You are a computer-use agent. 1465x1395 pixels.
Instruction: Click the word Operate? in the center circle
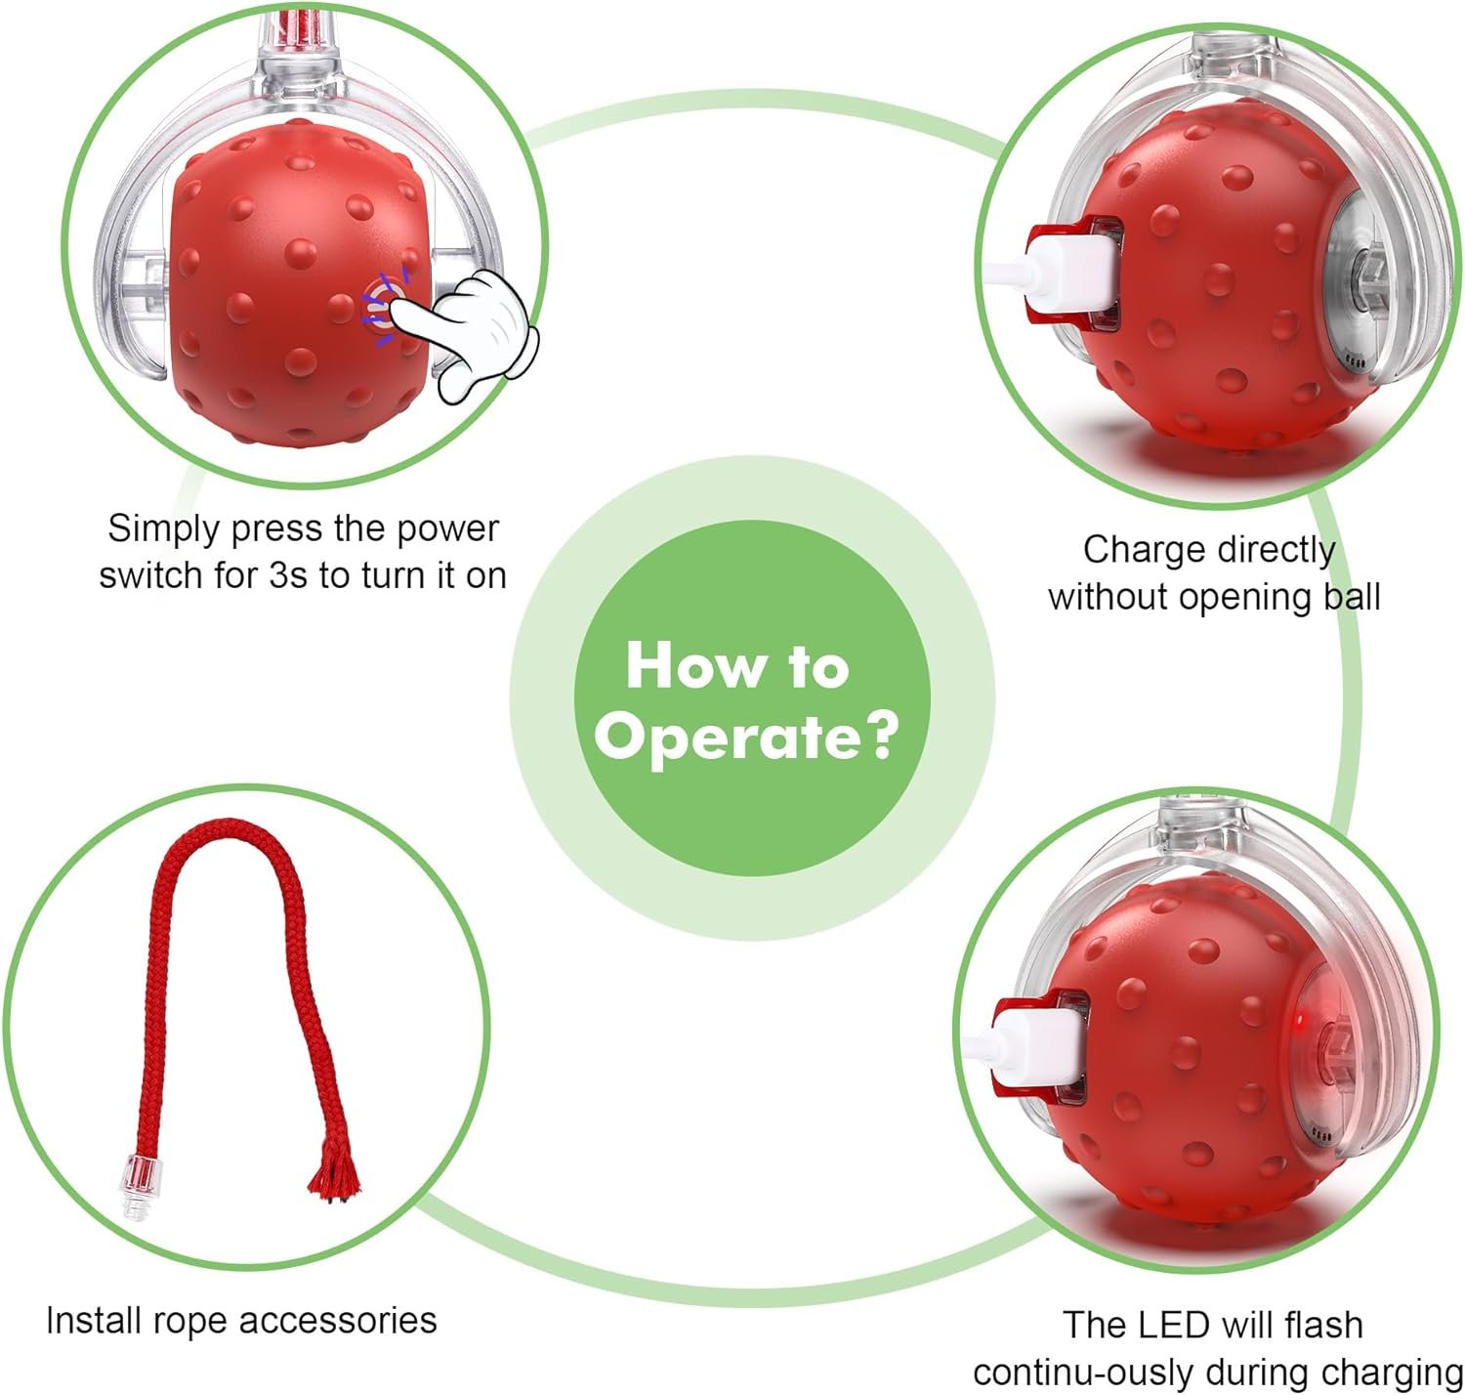(x=746, y=737)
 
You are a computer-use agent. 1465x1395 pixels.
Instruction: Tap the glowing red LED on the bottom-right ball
(x=1301, y=1019)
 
